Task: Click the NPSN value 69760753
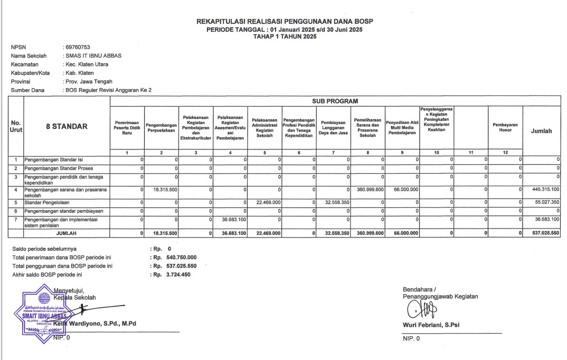point(78,48)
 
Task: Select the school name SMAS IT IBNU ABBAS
point(94,56)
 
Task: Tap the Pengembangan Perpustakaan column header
point(161,128)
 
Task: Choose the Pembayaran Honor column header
point(505,128)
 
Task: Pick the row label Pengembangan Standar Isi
point(53,159)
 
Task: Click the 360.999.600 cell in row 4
point(368,188)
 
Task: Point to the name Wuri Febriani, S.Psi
point(431,325)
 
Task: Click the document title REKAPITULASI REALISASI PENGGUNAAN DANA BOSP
point(285,22)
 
